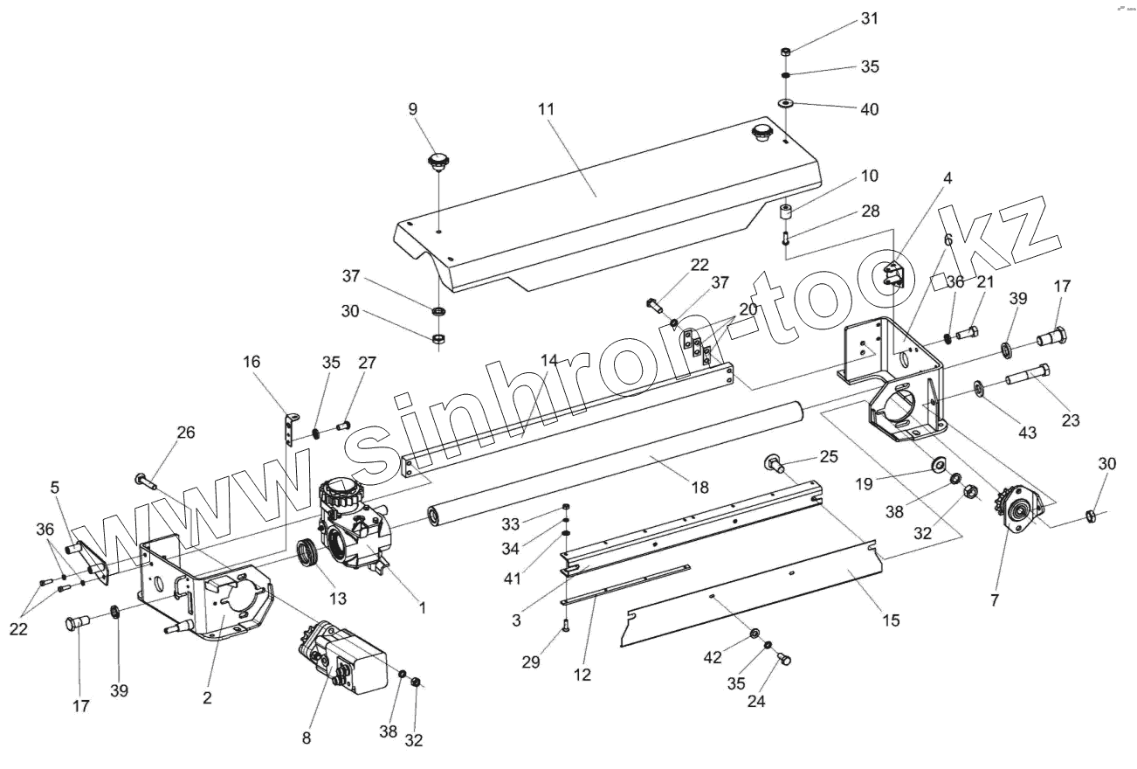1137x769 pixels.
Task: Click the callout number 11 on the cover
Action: pyautogui.click(x=547, y=109)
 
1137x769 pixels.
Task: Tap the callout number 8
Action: pyautogui.click(x=306, y=738)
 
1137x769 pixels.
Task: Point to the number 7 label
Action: pyautogui.click(x=995, y=600)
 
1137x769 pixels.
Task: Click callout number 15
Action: pyautogui.click(x=890, y=620)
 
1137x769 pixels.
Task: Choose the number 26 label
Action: pyautogui.click(x=186, y=432)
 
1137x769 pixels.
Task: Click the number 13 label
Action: pyautogui.click(x=338, y=598)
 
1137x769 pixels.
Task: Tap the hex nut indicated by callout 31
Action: pyautogui.click(x=784, y=52)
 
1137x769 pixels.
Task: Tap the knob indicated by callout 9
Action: pyautogui.click(x=437, y=161)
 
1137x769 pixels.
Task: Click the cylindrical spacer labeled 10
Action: pyautogui.click(x=786, y=211)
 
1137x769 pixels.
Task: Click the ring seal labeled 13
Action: pyautogui.click(x=307, y=553)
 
